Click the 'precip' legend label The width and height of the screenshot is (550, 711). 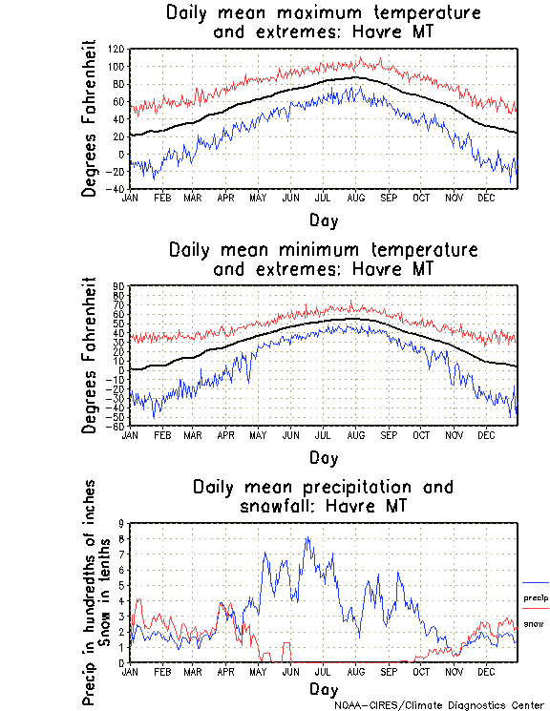[x=535, y=597]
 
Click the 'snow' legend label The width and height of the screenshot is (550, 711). [x=534, y=624]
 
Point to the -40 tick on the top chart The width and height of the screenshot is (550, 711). [x=116, y=189]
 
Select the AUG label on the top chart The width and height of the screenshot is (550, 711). [x=355, y=198]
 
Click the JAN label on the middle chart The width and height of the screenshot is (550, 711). [x=130, y=434]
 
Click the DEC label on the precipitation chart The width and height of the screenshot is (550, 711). [x=485, y=671]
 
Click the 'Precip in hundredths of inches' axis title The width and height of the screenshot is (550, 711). [x=89, y=592]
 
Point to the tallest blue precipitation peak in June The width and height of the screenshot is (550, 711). [x=307, y=537]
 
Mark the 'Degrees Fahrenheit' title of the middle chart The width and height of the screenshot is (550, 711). [x=89, y=355]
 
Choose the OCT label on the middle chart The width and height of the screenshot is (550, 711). [x=420, y=434]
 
